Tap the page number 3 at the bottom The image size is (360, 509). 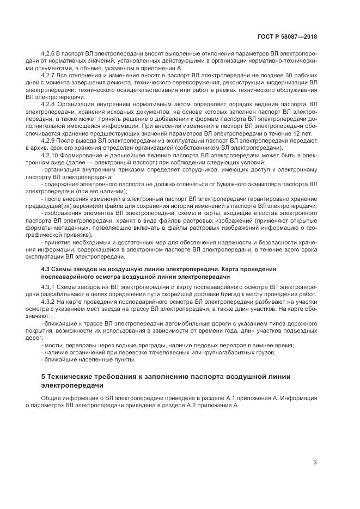click(x=315, y=463)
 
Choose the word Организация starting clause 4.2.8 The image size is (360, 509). click(x=76, y=103)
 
